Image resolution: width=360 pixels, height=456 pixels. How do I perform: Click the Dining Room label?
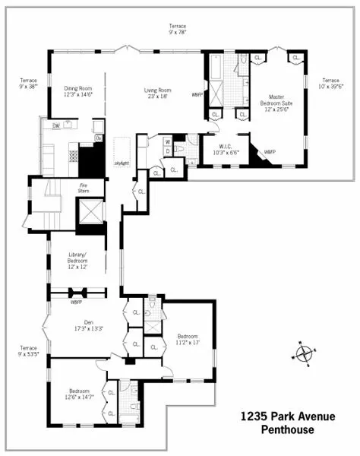(77, 90)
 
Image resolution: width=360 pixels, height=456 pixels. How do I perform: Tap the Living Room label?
(158, 93)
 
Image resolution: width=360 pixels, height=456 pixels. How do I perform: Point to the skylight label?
(122, 163)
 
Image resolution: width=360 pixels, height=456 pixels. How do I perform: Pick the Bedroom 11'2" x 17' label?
(188, 339)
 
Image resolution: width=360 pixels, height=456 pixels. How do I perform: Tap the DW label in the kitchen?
(56, 125)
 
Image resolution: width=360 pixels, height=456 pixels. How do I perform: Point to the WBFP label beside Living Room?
(197, 95)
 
